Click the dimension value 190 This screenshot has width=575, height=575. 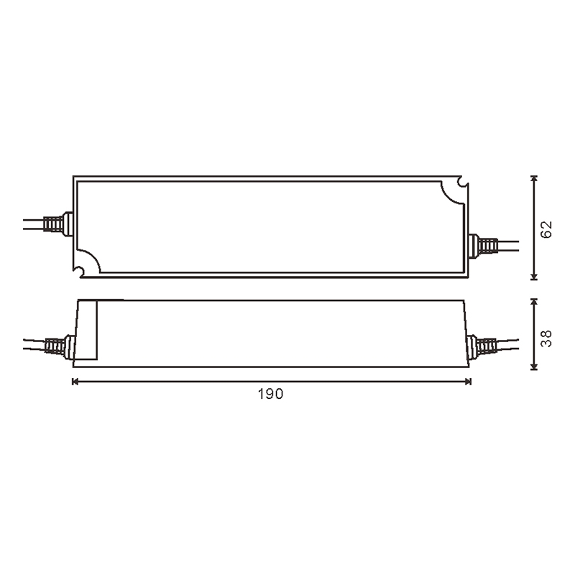tap(271, 394)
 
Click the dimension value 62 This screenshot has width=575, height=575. tap(547, 230)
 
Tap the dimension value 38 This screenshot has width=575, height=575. tap(547, 339)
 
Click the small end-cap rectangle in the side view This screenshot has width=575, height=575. tap(88, 330)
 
